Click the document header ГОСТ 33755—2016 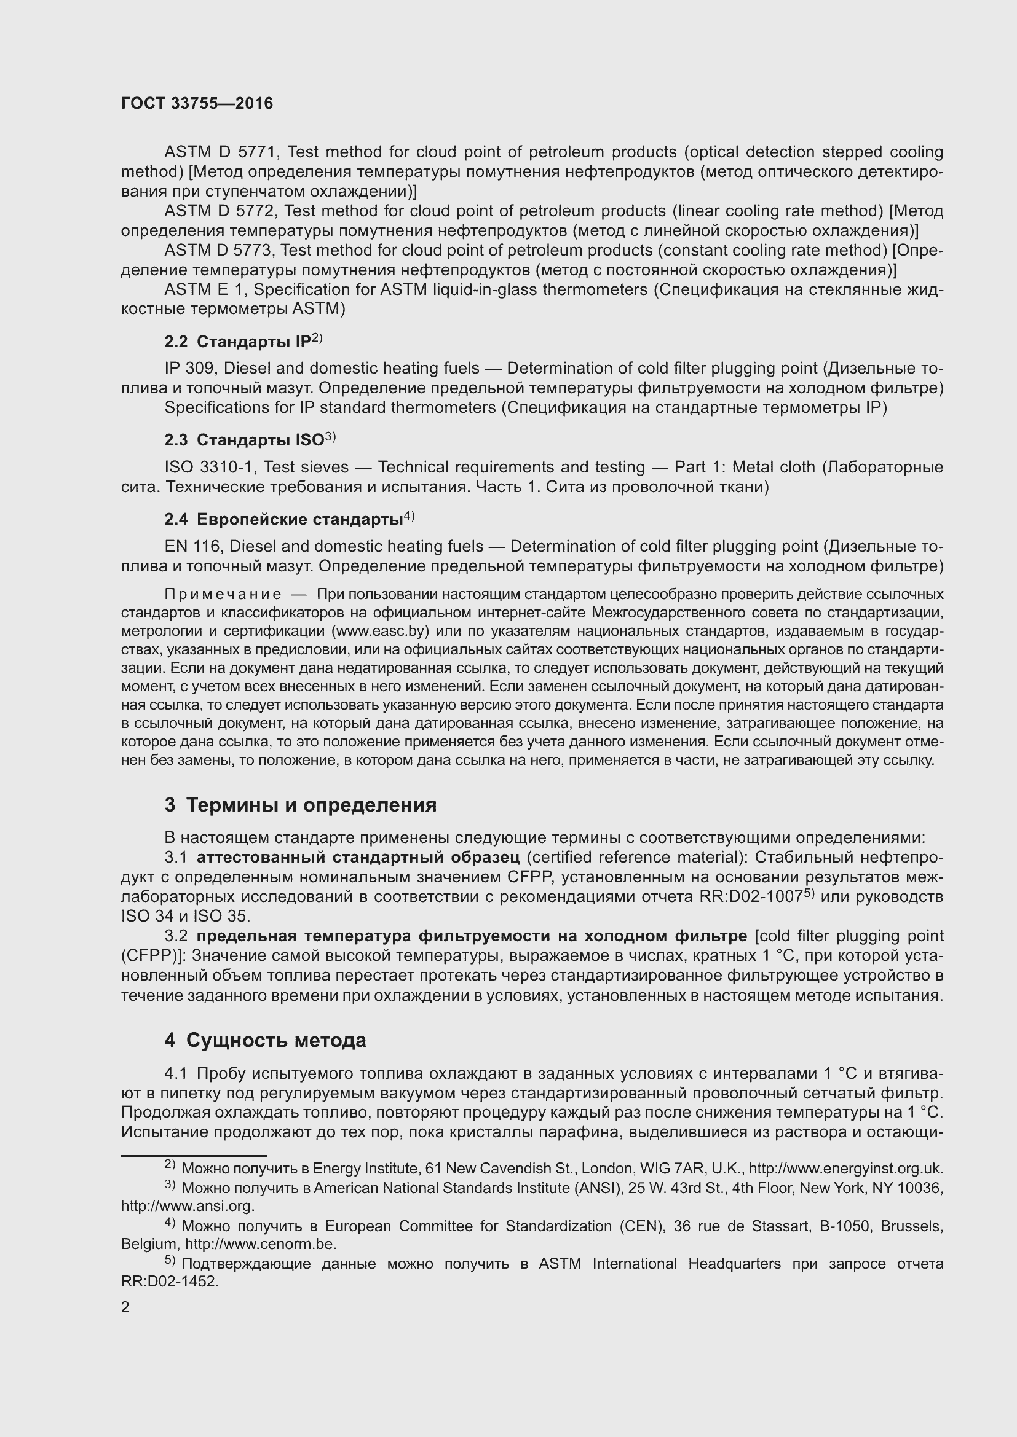point(197,104)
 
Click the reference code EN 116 point(192,547)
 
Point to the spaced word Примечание point(223,594)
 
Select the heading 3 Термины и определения point(301,805)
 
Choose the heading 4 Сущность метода point(266,1041)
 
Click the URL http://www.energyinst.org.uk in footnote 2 point(845,1169)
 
